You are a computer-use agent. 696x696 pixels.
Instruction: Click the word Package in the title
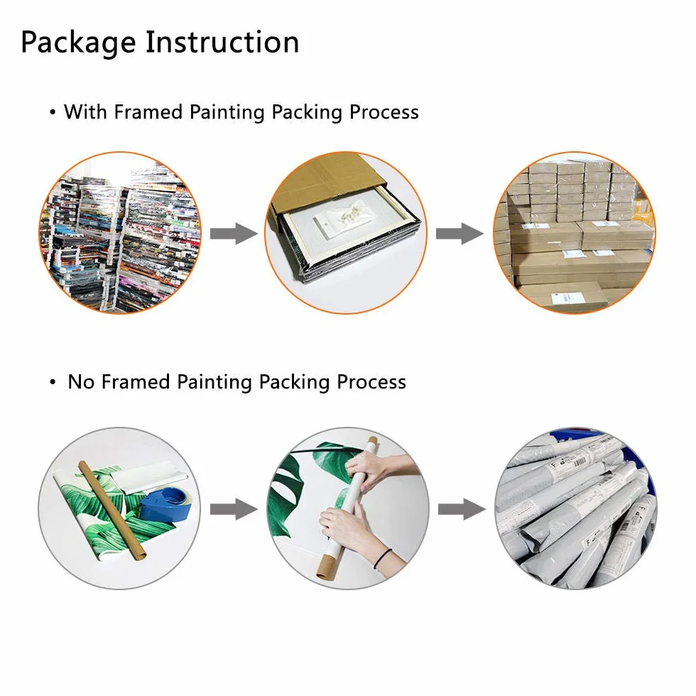[x=78, y=43]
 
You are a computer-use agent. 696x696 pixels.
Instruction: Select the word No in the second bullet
[x=81, y=382]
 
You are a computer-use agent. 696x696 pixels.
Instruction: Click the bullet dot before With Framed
[x=53, y=113]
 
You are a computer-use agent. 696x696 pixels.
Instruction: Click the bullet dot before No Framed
[x=53, y=382]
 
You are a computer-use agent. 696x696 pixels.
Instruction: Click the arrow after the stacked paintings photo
[x=234, y=234]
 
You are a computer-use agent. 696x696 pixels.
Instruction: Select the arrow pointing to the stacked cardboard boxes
[x=460, y=234]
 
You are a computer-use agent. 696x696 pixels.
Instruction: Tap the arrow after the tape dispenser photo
[x=234, y=509]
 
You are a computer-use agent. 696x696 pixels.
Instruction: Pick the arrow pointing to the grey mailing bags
[x=462, y=509]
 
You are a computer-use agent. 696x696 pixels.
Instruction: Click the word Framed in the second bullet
[x=136, y=382]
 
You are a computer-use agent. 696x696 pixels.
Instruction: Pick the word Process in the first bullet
[x=384, y=112]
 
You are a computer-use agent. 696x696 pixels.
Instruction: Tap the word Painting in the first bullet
[x=227, y=112]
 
